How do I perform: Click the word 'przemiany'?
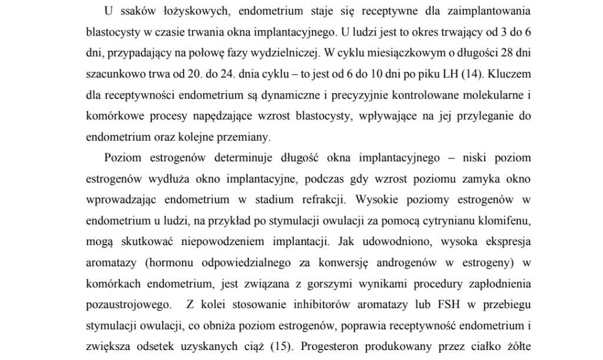click(246, 137)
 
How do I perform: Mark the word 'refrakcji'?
click(323, 200)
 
